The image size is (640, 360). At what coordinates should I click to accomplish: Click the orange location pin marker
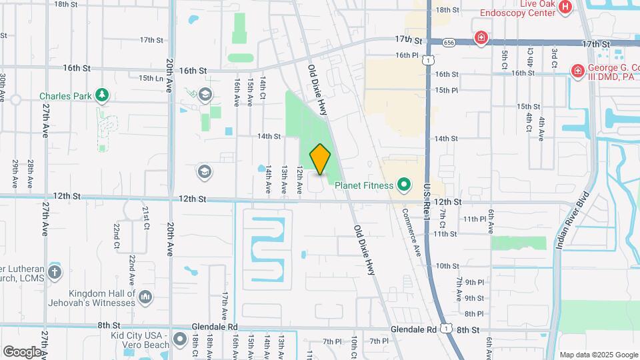pyautogui.click(x=320, y=159)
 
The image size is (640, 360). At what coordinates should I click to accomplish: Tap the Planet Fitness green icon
pyautogui.click(x=403, y=183)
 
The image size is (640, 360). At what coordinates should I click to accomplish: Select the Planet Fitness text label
pyautogui.click(x=365, y=185)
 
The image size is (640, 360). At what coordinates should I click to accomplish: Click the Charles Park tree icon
pyautogui.click(x=101, y=95)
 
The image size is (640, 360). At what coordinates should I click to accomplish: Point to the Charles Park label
pyautogui.click(x=65, y=96)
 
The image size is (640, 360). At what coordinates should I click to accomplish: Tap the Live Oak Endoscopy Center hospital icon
pyautogui.click(x=565, y=7)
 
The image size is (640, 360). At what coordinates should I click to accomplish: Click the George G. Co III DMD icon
pyautogui.click(x=577, y=69)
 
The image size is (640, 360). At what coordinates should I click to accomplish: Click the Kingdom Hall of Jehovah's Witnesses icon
pyautogui.click(x=145, y=295)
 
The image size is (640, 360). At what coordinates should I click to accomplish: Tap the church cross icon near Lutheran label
pyautogui.click(x=55, y=272)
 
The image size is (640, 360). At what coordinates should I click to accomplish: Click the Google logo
pyautogui.click(x=22, y=351)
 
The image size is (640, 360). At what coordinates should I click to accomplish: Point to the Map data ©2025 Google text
pyautogui.click(x=598, y=355)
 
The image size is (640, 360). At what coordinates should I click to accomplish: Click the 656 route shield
pyautogui.click(x=431, y=41)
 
